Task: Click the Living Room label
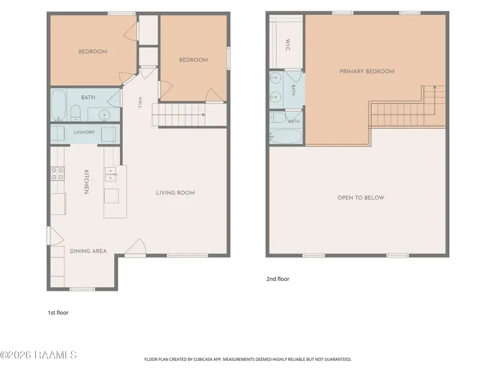click(x=175, y=193)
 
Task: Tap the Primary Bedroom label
click(x=367, y=72)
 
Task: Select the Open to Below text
click(x=360, y=198)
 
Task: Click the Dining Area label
click(x=88, y=251)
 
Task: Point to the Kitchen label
click(x=87, y=181)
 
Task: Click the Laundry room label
click(x=84, y=132)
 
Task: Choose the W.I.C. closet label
click(x=288, y=45)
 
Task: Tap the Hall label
click(x=140, y=103)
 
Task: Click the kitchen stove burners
click(x=57, y=174)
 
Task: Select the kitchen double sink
click(x=110, y=175)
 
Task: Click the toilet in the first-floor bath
click(x=76, y=113)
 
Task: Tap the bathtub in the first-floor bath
click(x=58, y=105)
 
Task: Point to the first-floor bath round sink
click(x=104, y=115)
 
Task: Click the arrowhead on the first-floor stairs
click(x=203, y=115)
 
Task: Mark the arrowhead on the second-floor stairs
click(x=435, y=87)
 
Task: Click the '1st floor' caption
click(x=58, y=312)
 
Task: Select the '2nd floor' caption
click(x=278, y=279)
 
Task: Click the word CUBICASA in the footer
click(x=204, y=359)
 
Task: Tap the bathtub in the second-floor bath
click(x=285, y=136)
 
